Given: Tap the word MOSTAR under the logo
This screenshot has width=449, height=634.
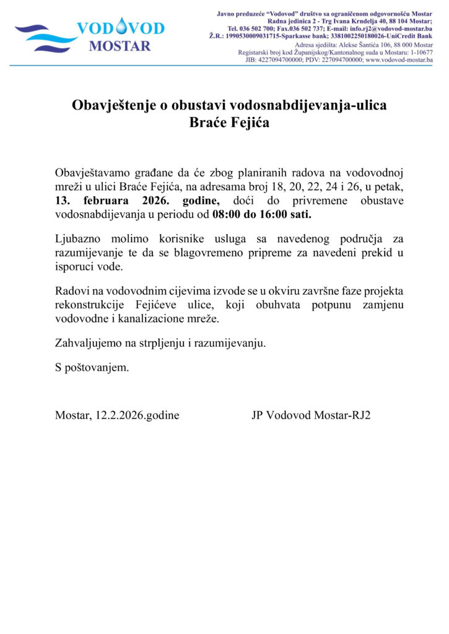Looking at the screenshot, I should (120, 45).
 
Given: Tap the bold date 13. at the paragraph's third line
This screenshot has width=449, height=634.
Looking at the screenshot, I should (64, 202).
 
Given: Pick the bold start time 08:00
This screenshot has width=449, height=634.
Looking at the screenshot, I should (226, 215).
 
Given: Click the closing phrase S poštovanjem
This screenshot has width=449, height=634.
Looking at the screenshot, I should (92, 367).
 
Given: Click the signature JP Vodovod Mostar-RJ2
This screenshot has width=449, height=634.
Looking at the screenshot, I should (311, 415).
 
